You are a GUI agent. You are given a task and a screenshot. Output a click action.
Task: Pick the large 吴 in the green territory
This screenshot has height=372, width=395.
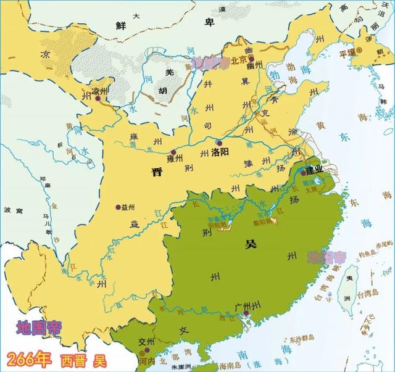tap(249, 244)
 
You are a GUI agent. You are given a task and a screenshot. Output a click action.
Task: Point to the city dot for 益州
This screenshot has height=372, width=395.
tap(117, 207)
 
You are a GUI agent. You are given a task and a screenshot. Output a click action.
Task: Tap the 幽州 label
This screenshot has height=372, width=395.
tap(255, 63)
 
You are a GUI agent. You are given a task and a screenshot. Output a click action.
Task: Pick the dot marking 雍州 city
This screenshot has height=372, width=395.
tap(174, 152)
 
